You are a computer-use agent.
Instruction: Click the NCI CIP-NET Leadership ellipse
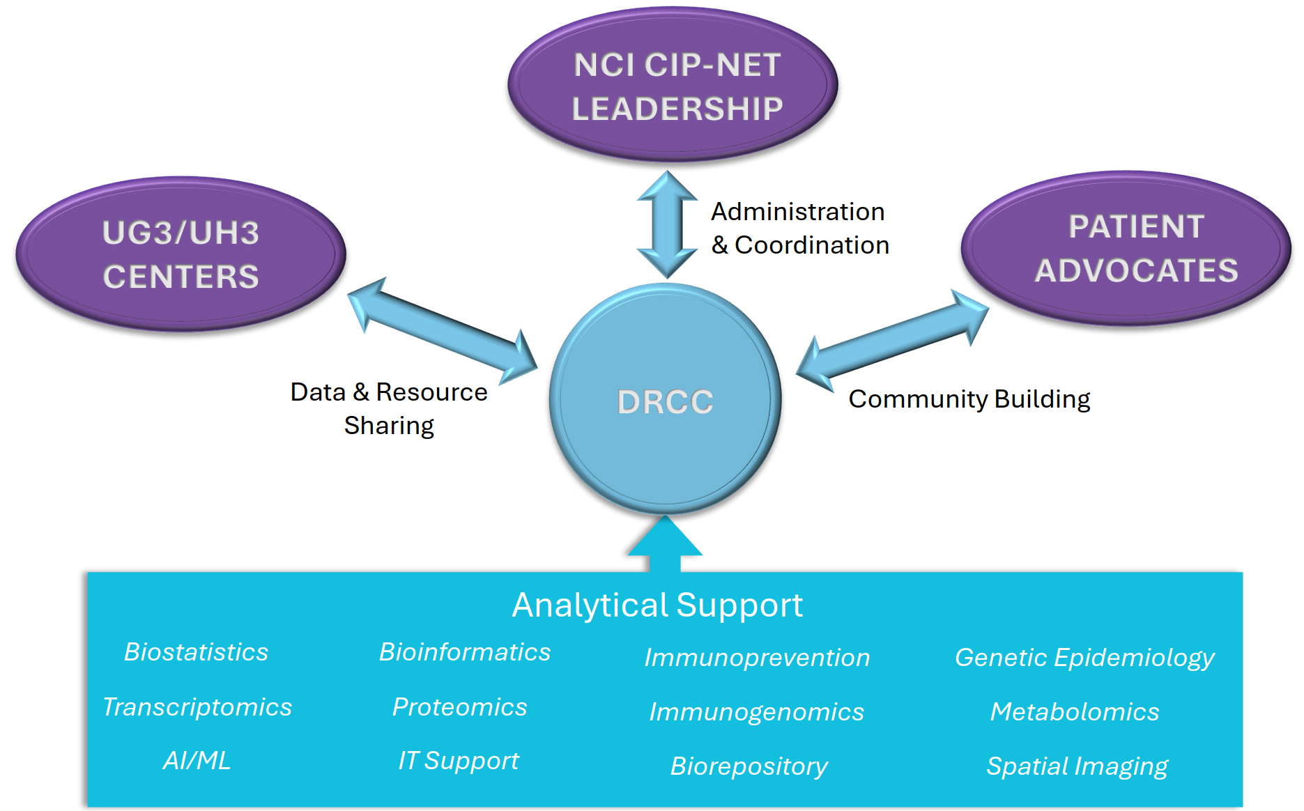(x=673, y=86)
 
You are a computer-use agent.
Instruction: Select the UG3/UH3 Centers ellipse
(x=181, y=254)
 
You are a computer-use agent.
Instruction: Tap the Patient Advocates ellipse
(x=1126, y=249)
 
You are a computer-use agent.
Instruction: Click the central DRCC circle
(x=665, y=400)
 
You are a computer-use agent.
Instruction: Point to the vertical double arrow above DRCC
(x=667, y=224)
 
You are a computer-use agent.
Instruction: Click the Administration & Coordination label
(x=799, y=228)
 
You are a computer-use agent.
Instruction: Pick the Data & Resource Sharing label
(x=389, y=408)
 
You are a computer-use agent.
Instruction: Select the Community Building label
(x=969, y=399)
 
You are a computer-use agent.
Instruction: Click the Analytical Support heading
(x=657, y=605)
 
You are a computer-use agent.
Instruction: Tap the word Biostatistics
(x=196, y=652)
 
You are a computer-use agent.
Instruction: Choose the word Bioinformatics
(x=465, y=652)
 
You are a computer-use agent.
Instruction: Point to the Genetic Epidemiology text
(x=1084, y=658)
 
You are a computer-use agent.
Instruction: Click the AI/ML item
(x=197, y=760)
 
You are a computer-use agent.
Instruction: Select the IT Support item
(x=458, y=760)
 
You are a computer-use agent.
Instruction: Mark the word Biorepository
(x=749, y=766)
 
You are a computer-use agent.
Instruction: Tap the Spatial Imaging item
(x=1077, y=766)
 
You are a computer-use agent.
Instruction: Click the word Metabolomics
(x=1075, y=711)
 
